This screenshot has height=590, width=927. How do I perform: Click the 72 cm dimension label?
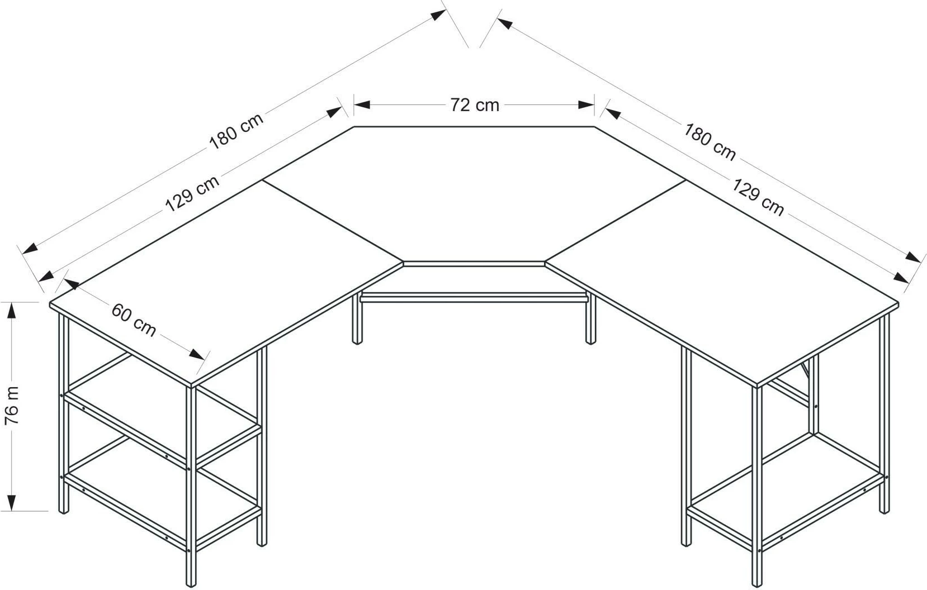click(475, 105)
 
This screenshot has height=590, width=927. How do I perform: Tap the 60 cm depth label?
click(134, 320)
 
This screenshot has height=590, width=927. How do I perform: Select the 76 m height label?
click(12, 406)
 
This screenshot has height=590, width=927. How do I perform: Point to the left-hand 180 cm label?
click(237, 131)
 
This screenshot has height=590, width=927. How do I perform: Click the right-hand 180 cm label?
click(710, 142)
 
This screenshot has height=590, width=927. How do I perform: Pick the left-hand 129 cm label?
click(192, 193)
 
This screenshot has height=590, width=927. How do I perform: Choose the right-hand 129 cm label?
click(758, 197)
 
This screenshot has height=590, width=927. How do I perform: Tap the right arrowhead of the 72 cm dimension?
click(587, 104)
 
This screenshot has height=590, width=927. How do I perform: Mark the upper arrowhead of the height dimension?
click(12, 310)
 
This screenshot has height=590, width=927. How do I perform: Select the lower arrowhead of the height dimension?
click(12, 503)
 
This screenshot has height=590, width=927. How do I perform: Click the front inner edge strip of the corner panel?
click(474, 264)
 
